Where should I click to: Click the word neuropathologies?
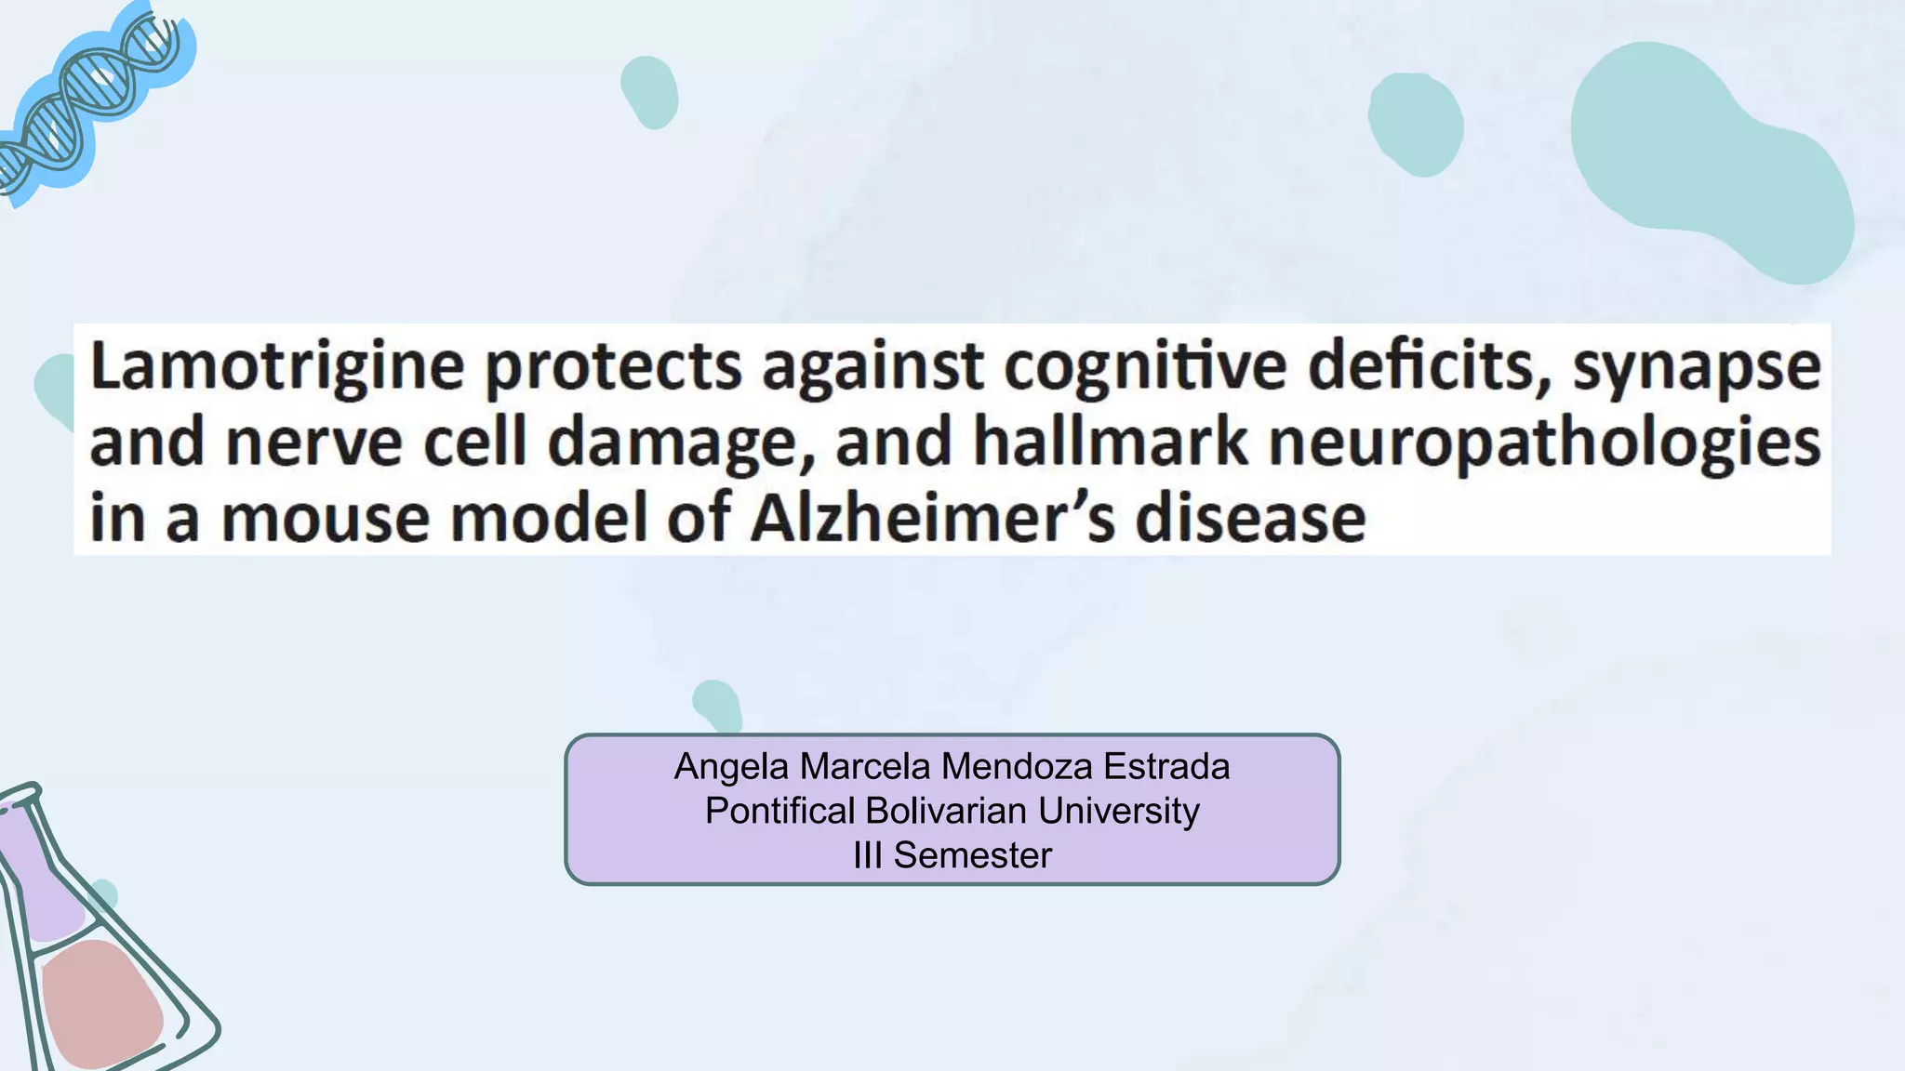pyautogui.click(x=1545, y=443)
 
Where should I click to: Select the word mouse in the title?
pyautogui.click(x=326, y=519)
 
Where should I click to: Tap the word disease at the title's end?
pyautogui.click(x=1250, y=518)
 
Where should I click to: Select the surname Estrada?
pyautogui.click(x=1166, y=767)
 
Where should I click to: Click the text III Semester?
pyautogui.click(x=952, y=855)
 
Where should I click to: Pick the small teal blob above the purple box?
pyautogui.click(x=718, y=705)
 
